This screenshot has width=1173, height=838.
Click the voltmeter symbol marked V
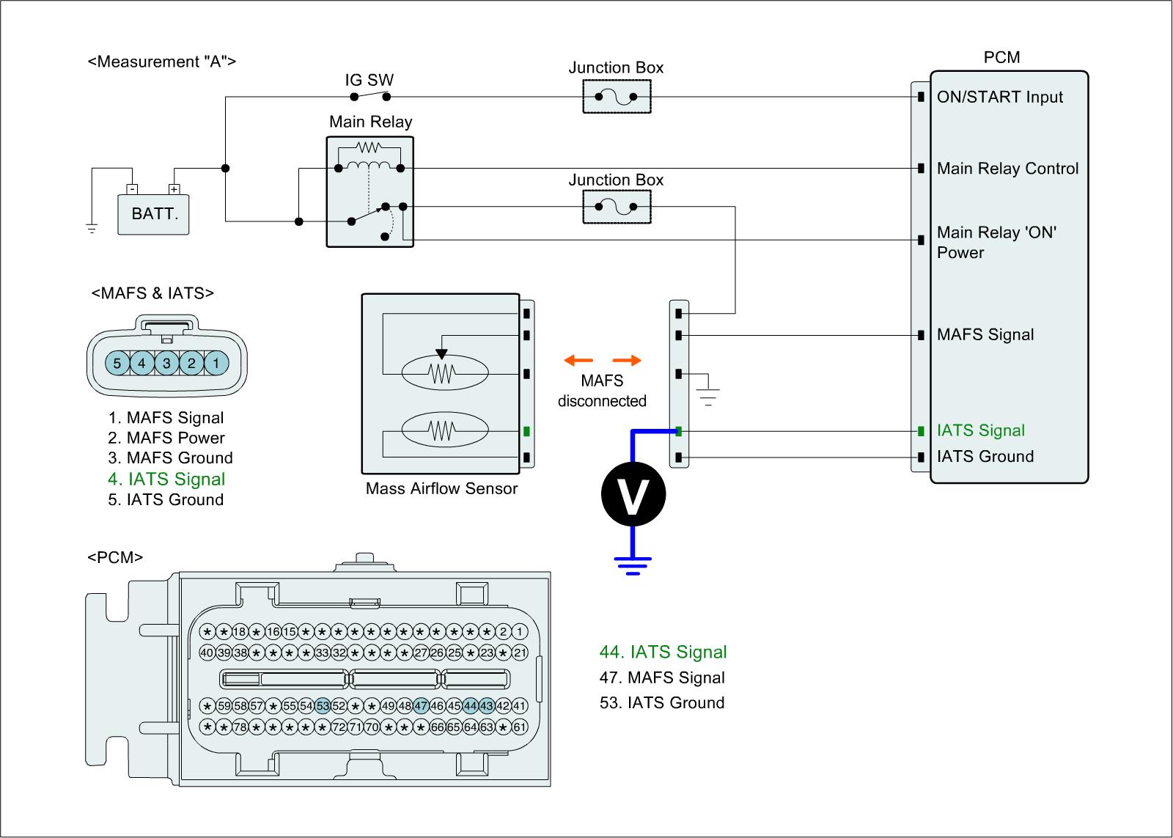click(633, 496)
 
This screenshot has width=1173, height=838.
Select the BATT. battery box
click(154, 214)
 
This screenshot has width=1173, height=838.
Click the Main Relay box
click(370, 191)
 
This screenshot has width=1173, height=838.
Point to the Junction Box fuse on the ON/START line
click(617, 97)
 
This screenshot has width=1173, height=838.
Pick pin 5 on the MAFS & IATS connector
click(117, 363)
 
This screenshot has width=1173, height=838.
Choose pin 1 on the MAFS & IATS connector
click(216, 363)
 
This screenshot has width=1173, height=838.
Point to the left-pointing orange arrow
click(578, 360)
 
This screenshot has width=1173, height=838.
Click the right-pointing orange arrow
click(627, 360)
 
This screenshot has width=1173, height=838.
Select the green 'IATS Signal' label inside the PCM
click(981, 430)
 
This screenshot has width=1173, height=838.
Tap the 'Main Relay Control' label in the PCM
click(1007, 169)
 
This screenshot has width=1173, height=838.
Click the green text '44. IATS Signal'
click(663, 652)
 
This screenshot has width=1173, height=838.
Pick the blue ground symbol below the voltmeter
click(633, 565)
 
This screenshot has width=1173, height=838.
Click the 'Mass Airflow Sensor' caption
click(441, 489)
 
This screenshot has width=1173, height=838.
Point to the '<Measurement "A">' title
click(162, 62)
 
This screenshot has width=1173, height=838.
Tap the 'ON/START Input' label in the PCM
click(1000, 97)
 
